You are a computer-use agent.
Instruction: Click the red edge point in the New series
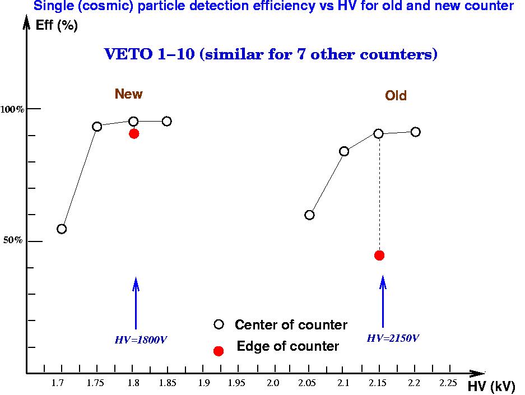134,133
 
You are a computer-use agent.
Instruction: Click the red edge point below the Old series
379,255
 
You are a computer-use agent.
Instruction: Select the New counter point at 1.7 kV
62,229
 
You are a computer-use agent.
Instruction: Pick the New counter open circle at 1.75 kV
97,127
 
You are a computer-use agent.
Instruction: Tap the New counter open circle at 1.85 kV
166,121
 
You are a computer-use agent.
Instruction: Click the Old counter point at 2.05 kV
309,215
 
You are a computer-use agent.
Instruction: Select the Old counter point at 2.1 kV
344,151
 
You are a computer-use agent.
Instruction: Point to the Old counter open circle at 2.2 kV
415,132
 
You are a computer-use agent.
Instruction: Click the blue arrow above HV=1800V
136,303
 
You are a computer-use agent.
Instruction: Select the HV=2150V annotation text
393,338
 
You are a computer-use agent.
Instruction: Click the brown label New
128,94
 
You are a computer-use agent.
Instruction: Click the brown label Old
396,96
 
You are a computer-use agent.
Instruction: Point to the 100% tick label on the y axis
12,109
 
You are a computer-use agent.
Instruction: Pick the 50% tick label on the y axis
13,240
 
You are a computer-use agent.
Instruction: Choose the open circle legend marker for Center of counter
219,324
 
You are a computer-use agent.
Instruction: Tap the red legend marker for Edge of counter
219,351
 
